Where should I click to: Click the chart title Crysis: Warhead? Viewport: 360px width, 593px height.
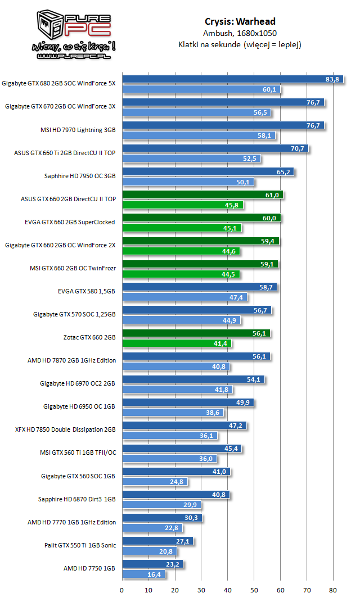pos(240,22)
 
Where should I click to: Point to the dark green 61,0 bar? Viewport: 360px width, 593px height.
pos(202,195)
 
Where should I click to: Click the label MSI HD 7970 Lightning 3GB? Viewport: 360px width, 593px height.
pos(78,130)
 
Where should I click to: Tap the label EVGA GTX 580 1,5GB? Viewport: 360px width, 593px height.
pos(87,291)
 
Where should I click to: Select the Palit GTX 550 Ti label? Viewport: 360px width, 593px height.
pos(80,545)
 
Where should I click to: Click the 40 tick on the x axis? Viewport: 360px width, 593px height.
pos(228,589)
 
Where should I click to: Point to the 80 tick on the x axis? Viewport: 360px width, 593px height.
pos(333,589)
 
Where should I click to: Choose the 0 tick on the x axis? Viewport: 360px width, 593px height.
pos(122,589)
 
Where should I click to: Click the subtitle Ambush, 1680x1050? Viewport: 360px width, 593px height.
pos(240,33)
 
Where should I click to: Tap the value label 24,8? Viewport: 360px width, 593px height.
pos(177,482)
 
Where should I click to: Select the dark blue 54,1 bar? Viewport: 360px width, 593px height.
pos(193,379)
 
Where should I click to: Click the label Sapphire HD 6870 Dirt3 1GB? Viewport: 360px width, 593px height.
pos(77,499)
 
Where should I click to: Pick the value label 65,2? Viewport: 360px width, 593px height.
pos(283,172)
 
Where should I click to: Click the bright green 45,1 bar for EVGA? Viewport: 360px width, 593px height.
pos(182,228)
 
